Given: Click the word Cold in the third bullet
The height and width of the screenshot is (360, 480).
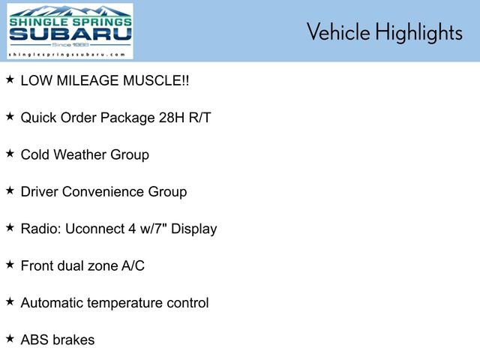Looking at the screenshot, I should (35, 154).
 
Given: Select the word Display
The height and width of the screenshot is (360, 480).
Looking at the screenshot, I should (194, 229).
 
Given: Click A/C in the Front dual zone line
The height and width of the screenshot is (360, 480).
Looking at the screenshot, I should (133, 265).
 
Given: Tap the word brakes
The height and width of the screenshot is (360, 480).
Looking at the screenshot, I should (74, 340).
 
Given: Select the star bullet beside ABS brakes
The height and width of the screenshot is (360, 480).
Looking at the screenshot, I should (10, 338).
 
